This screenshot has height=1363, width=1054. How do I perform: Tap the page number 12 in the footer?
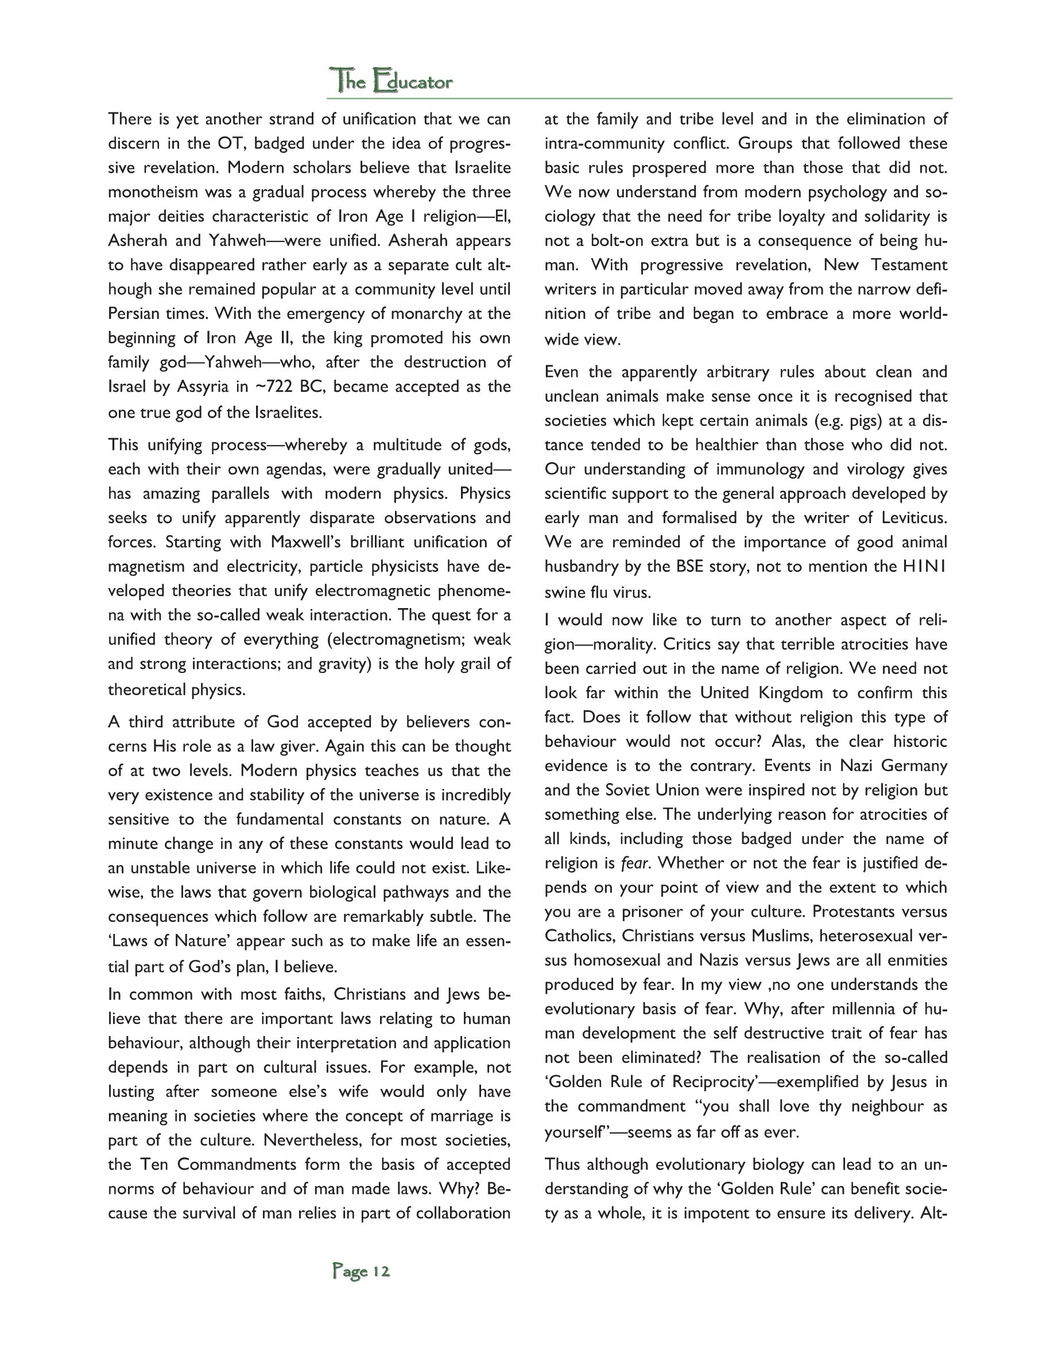tap(380, 1271)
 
